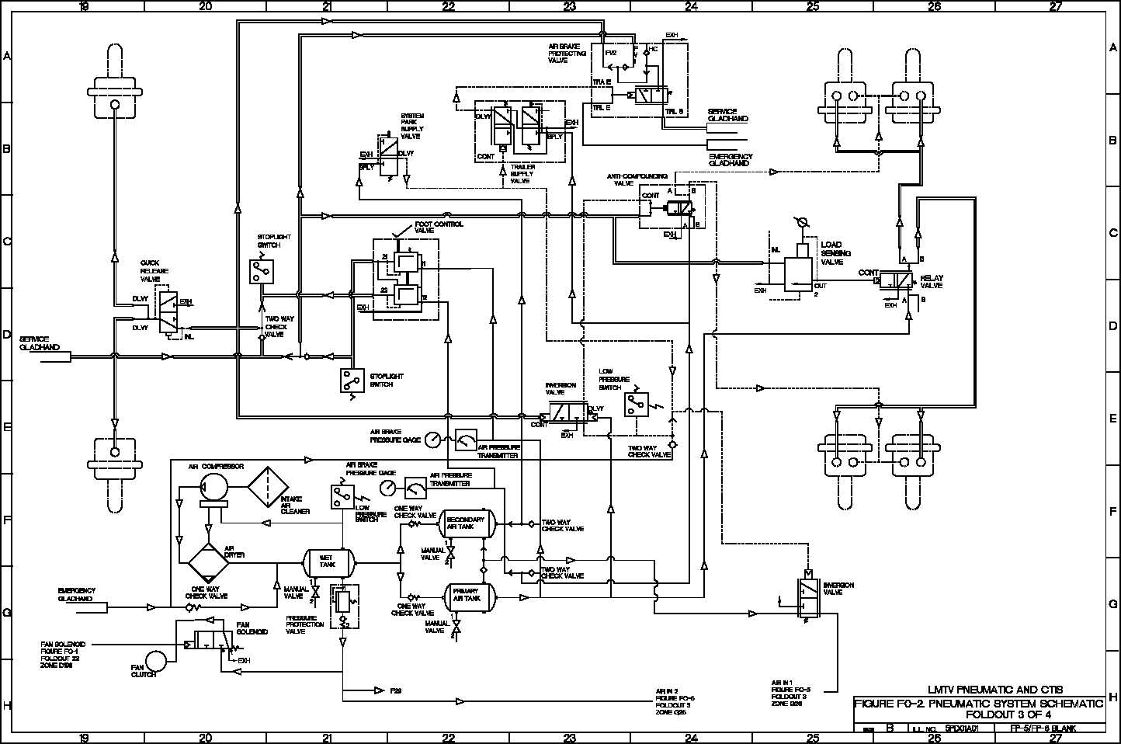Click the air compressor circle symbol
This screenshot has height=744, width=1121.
click(212, 487)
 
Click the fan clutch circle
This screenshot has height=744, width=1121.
click(156, 661)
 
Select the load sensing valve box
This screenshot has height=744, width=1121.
click(797, 274)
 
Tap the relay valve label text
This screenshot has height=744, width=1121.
click(931, 282)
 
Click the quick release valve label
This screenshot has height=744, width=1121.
click(151, 271)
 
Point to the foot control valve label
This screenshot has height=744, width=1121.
click(439, 227)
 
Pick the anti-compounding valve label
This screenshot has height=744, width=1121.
click(637, 180)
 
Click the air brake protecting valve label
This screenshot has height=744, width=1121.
click(567, 53)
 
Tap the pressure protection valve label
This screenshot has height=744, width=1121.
click(304, 624)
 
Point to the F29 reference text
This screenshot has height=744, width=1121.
click(397, 690)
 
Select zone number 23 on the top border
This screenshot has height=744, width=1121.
click(570, 6)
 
